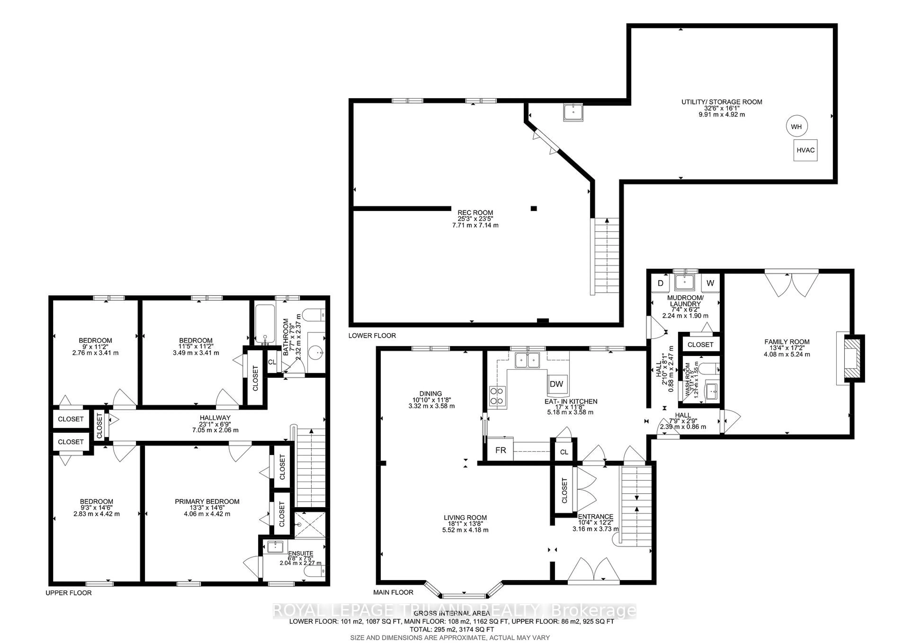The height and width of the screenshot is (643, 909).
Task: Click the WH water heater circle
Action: (x=797, y=126)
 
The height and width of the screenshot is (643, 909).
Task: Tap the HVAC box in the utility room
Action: (x=805, y=150)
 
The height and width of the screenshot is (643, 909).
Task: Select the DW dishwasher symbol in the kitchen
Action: (x=557, y=384)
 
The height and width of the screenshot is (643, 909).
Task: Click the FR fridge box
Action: (x=500, y=450)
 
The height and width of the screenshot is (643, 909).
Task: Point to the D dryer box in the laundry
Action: (x=660, y=283)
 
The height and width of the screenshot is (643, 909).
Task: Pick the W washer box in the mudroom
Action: (x=710, y=283)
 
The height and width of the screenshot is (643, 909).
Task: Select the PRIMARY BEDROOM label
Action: (x=207, y=502)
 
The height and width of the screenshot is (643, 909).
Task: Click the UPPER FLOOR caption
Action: (x=68, y=593)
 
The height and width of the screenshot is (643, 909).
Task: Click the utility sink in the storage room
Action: (x=573, y=112)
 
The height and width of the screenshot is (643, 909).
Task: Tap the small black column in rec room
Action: (x=534, y=208)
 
